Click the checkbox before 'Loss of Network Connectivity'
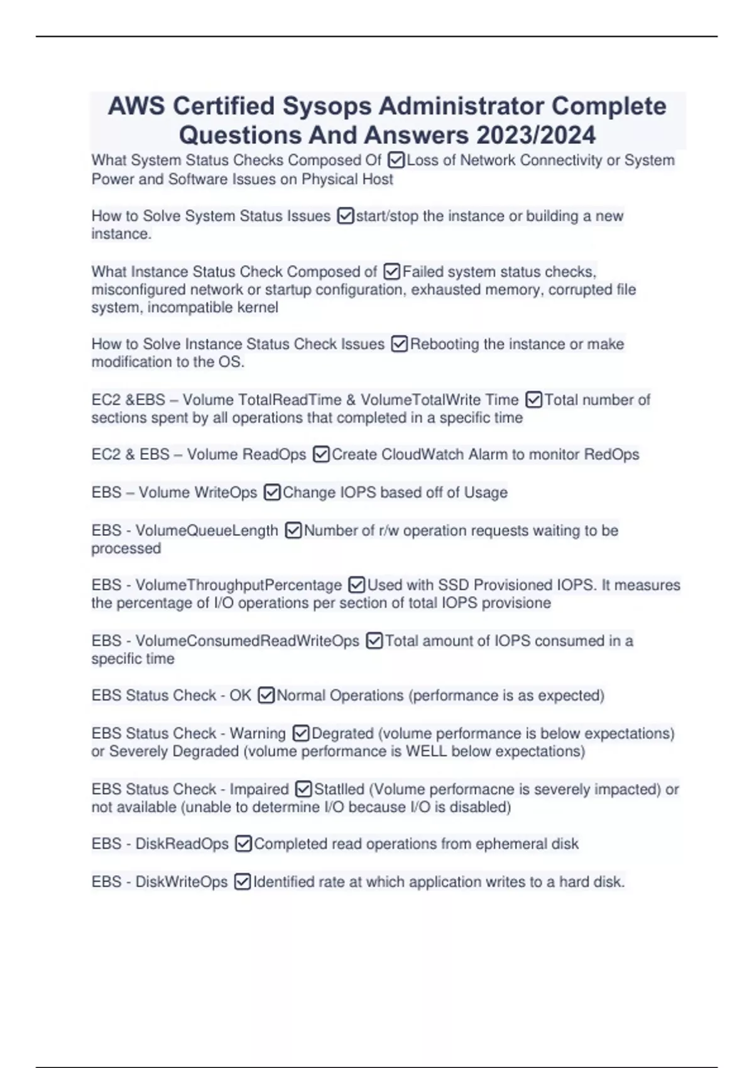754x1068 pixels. pyautogui.click(x=396, y=160)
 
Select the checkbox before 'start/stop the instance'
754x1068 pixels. pyautogui.click(x=346, y=216)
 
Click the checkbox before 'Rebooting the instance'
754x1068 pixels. pyautogui.click(x=400, y=344)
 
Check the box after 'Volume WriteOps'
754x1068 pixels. pyautogui.click(x=272, y=493)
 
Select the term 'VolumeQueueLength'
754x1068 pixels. pyautogui.click(x=207, y=530)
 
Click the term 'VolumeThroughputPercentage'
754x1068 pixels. pyautogui.click(x=239, y=585)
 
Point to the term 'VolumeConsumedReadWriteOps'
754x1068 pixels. pyautogui.click(x=248, y=641)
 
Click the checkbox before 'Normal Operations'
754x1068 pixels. pyautogui.click(x=266, y=695)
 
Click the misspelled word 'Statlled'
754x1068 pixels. pyautogui.click(x=339, y=789)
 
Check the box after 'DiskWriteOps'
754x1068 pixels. pyautogui.click(x=243, y=882)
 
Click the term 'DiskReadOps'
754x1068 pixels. pyautogui.click(x=182, y=844)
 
